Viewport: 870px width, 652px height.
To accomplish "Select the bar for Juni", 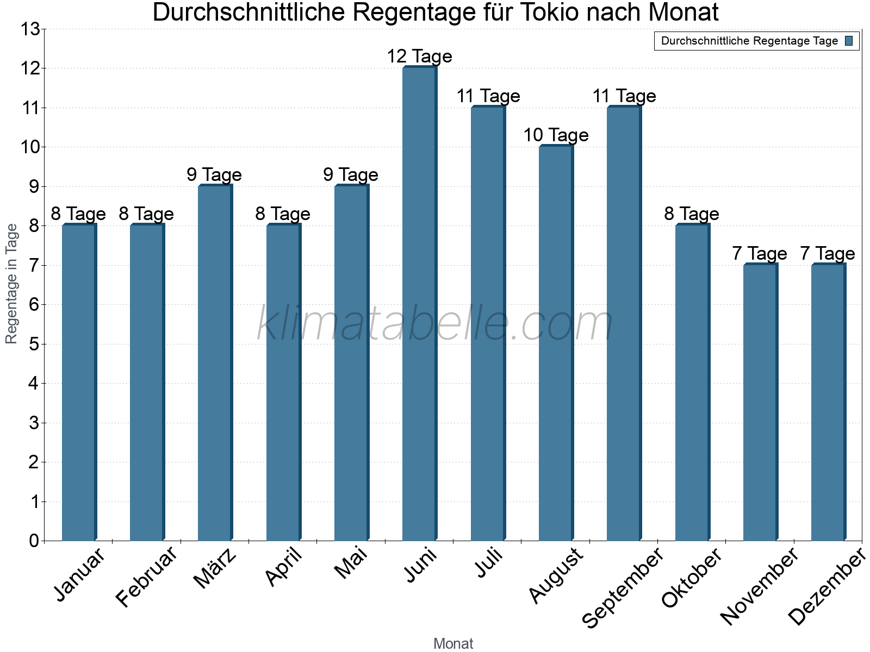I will (419, 304).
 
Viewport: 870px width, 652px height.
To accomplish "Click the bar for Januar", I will (79, 383).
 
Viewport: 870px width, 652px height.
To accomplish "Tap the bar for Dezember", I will (828, 402).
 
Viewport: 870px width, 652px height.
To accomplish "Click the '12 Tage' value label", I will (419, 57).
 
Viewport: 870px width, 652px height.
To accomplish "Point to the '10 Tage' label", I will (556, 135).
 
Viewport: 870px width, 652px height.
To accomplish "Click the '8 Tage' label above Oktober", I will (692, 214).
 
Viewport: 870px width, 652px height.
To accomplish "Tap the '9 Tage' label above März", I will (214, 175).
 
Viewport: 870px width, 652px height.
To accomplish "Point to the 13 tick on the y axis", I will (30, 29).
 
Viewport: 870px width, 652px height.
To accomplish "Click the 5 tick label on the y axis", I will (34, 344).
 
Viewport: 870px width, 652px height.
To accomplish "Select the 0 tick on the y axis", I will (34, 541).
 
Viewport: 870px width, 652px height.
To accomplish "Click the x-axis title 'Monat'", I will (453, 644).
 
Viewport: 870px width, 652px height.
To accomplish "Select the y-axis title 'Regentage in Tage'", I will (11, 284).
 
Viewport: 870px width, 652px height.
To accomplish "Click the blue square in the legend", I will (849, 41).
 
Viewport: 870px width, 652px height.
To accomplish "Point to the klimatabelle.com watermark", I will (434, 324).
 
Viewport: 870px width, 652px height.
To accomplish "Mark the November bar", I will (760, 402).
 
